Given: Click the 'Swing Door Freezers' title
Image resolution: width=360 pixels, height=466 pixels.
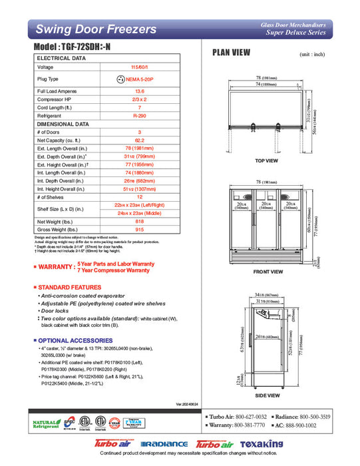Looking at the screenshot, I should (x=96, y=29).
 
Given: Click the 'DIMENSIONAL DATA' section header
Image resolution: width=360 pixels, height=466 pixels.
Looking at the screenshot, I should (x=63, y=124).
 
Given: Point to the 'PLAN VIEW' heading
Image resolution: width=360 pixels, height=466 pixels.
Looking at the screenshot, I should (x=231, y=53).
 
